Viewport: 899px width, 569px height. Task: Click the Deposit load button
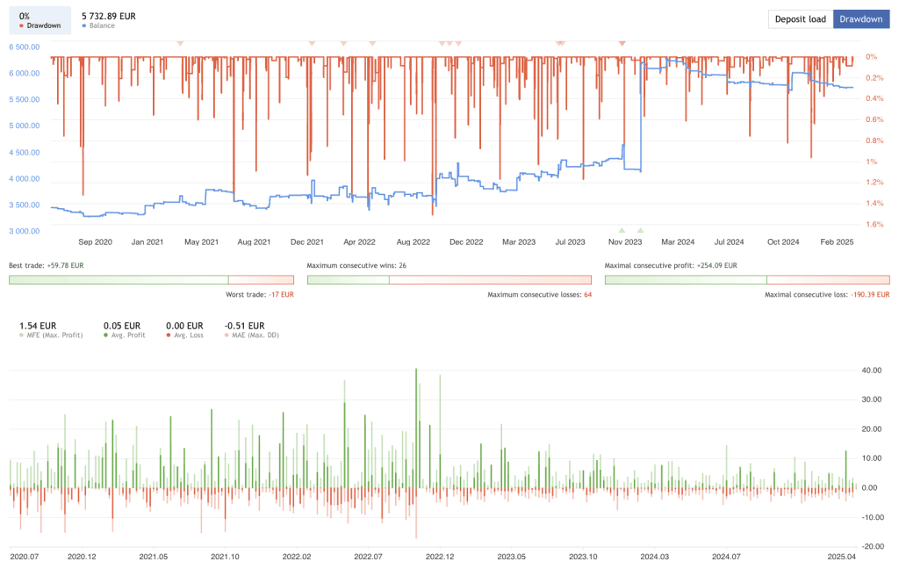click(x=800, y=19)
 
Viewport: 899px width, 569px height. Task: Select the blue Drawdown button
click(x=860, y=19)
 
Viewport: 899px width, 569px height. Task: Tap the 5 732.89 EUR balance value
click(x=108, y=16)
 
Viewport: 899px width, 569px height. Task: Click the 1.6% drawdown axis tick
click(x=874, y=224)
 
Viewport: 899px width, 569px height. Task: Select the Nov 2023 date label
click(x=626, y=241)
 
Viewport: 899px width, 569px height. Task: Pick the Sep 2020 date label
click(x=96, y=241)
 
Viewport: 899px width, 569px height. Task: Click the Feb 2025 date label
click(x=838, y=241)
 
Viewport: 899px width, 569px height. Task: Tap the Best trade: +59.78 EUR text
click(x=46, y=265)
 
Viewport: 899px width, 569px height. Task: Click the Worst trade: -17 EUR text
click(x=260, y=294)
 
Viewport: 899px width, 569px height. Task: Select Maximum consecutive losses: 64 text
click(x=540, y=294)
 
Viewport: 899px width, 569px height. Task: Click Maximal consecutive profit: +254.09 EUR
click(x=671, y=265)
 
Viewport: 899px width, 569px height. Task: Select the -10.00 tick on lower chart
click(x=872, y=517)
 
